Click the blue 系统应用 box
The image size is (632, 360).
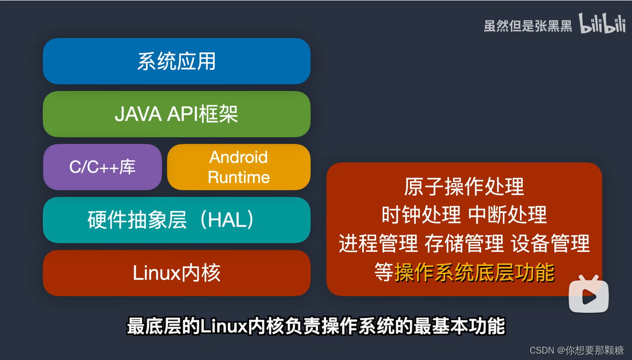coord(176,61)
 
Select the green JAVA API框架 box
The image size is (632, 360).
coord(176,114)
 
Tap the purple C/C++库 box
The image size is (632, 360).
coord(102,167)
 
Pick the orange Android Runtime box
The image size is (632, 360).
coord(239,167)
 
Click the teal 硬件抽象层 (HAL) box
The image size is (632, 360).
coord(176,220)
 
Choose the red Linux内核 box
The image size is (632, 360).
coord(176,273)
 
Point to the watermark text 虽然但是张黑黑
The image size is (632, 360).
coord(528,26)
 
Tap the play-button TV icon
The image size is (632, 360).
coord(589,296)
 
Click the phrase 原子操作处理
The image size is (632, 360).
coord(464,187)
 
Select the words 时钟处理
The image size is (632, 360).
coord(421,215)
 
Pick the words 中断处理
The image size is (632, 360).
coord(507,215)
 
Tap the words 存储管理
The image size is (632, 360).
coord(464,243)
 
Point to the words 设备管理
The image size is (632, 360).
coord(550,243)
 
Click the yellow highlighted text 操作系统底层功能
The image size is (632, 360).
coord(474,272)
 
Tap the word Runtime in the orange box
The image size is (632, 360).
coord(239,177)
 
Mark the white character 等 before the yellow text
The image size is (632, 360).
coord(384,272)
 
